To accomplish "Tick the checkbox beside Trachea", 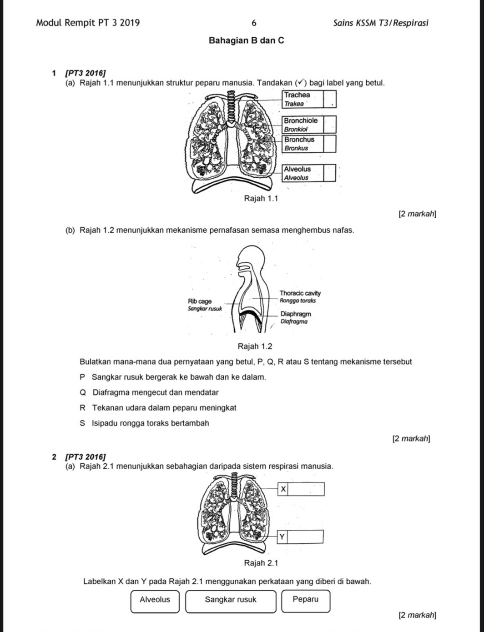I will pos(330,99).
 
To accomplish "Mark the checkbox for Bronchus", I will pos(330,144).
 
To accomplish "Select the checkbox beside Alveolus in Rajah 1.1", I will pos(330,173).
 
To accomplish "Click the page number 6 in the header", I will pos(254,23).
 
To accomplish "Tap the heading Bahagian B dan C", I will pos(246,40).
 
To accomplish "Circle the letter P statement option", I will pos(82,377).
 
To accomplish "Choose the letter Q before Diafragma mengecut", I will pos(83,392).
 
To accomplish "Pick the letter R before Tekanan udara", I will pos(82,408).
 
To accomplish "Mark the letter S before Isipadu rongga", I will pos(82,423).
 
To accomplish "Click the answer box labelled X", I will pos(306,489).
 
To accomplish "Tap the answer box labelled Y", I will pos(306,537).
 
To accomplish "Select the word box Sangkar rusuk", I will pos(231,600).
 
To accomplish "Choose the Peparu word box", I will pos(305,600).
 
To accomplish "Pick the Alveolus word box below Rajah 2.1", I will pos(155,600).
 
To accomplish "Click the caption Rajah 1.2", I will pos(255,346).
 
